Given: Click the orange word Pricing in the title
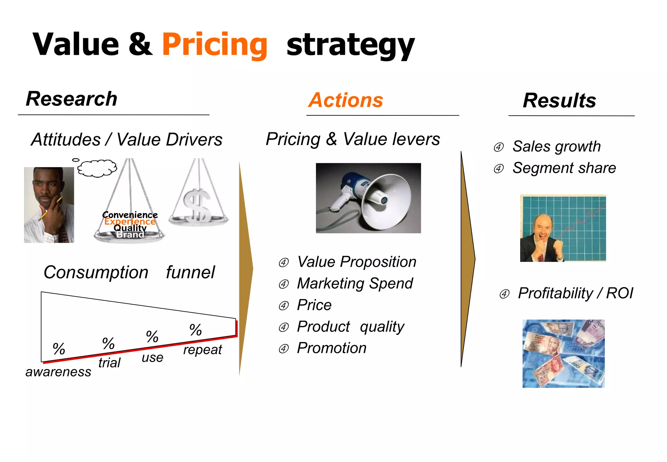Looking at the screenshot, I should click(215, 45).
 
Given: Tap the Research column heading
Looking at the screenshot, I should click(72, 99).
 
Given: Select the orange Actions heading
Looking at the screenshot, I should click(346, 100).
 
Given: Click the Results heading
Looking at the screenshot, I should click(559, 100).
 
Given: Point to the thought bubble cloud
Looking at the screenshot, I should click(97, 168).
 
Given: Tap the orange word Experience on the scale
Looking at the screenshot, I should click(130, 222).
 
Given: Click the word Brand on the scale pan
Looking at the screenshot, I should click(130, 235).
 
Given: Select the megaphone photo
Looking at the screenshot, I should click(368, 198).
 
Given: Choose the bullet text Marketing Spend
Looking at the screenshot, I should click(355, 283).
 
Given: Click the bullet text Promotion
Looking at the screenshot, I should click(332, 348).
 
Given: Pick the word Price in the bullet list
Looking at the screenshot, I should click(314, 305).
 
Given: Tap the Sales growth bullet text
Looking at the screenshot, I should click(556, 146).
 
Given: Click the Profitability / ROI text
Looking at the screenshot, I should click(575, 293).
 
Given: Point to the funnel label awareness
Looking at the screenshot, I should click(58, 372).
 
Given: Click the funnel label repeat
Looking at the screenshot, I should click(202, 350).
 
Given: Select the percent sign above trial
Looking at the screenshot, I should click(108, 343).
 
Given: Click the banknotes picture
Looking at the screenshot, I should click(563, 354).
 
